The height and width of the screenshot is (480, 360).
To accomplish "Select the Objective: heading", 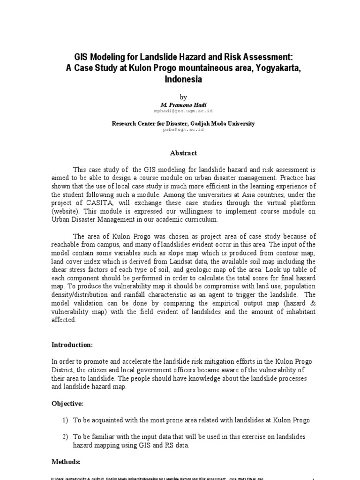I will (67, 403).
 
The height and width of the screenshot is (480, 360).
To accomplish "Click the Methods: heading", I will (66, 461).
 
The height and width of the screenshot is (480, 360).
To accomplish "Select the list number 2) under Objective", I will (66, 436).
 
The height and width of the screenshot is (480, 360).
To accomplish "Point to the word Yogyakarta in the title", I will (272, 68).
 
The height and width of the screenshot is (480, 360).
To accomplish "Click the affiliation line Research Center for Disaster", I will (183, 123).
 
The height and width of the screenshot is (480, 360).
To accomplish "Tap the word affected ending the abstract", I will (63, 320).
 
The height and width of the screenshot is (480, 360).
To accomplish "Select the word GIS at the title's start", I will (81, 57).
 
